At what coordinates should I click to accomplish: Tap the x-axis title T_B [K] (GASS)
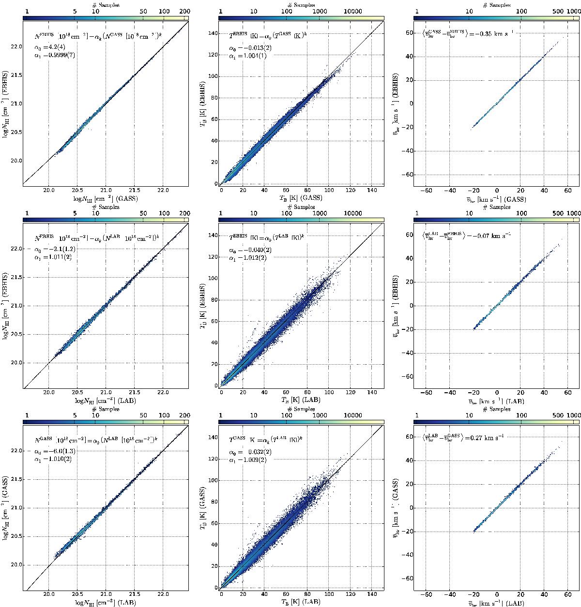tap(300, 198)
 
